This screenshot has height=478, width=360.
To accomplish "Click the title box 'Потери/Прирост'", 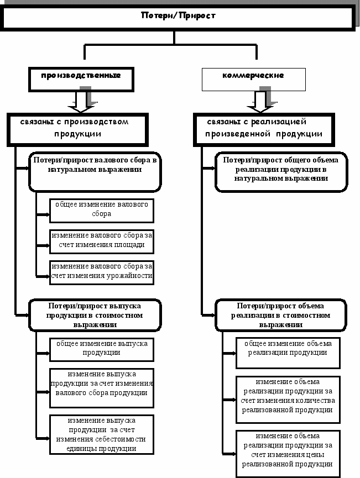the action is [179, 17].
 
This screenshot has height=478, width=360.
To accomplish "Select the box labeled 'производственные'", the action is [81, 79].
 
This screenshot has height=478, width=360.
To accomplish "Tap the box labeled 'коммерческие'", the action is [253, 79].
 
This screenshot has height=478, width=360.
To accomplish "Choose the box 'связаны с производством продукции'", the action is [77, 129].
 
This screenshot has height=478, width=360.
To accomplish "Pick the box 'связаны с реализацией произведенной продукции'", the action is [264, 129].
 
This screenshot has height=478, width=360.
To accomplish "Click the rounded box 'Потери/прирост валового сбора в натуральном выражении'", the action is [95, 172].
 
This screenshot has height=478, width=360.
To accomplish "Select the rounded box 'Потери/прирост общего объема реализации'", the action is [281, 172].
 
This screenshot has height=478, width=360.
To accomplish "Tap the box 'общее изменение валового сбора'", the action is [102, 211].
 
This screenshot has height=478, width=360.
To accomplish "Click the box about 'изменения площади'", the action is [102, 241].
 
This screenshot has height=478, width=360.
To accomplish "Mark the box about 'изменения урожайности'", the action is [102, 272].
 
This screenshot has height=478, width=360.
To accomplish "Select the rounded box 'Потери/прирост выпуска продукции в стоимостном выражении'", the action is [95, 315].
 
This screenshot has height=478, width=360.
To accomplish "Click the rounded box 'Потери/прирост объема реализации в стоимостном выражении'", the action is [281, 315].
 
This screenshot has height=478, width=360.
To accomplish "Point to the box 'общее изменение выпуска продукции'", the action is [102, 349].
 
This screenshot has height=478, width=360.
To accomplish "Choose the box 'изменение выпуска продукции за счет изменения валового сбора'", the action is [102, 388].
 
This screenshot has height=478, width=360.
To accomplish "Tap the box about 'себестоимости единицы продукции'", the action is [102, 434].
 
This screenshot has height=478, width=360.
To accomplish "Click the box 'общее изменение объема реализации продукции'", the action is [288, 353].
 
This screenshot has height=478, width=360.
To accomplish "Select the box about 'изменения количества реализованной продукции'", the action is [288, 400].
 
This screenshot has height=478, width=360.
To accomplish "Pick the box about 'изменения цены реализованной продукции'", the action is [288, 454].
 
